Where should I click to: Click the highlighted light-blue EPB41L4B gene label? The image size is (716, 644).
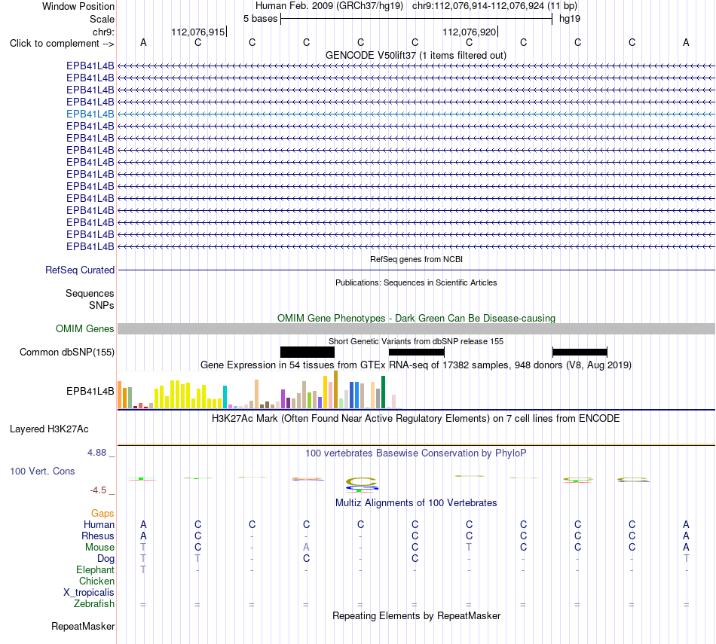point(90,114)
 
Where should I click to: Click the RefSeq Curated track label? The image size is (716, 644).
point(80,270)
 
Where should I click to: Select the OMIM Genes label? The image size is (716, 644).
point(85,328)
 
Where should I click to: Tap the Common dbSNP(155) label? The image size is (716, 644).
point(67,353)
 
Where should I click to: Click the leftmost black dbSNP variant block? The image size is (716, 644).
point(308,352)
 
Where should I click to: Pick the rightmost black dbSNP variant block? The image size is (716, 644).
point(580,352)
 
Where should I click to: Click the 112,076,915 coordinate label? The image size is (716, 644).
point(198,32)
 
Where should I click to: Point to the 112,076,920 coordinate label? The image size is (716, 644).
point(469,32)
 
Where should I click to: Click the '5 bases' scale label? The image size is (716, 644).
point(260,19)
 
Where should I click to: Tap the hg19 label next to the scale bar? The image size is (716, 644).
point(570,19)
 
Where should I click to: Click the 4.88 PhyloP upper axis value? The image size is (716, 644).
point(96,452)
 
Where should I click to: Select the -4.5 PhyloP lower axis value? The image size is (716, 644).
point(98,490)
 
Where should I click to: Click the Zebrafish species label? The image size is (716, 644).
point(94,604)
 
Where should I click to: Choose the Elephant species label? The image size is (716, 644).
point(96,570)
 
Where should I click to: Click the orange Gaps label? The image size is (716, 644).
point(103,514)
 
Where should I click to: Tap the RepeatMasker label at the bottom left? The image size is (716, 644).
point(83,626)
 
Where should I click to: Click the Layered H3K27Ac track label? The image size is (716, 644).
point(49,429)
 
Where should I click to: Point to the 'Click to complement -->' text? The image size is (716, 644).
point(62,44)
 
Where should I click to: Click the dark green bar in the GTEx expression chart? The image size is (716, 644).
point(383,392)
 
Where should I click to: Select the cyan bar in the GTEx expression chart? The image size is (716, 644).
point(225,397)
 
